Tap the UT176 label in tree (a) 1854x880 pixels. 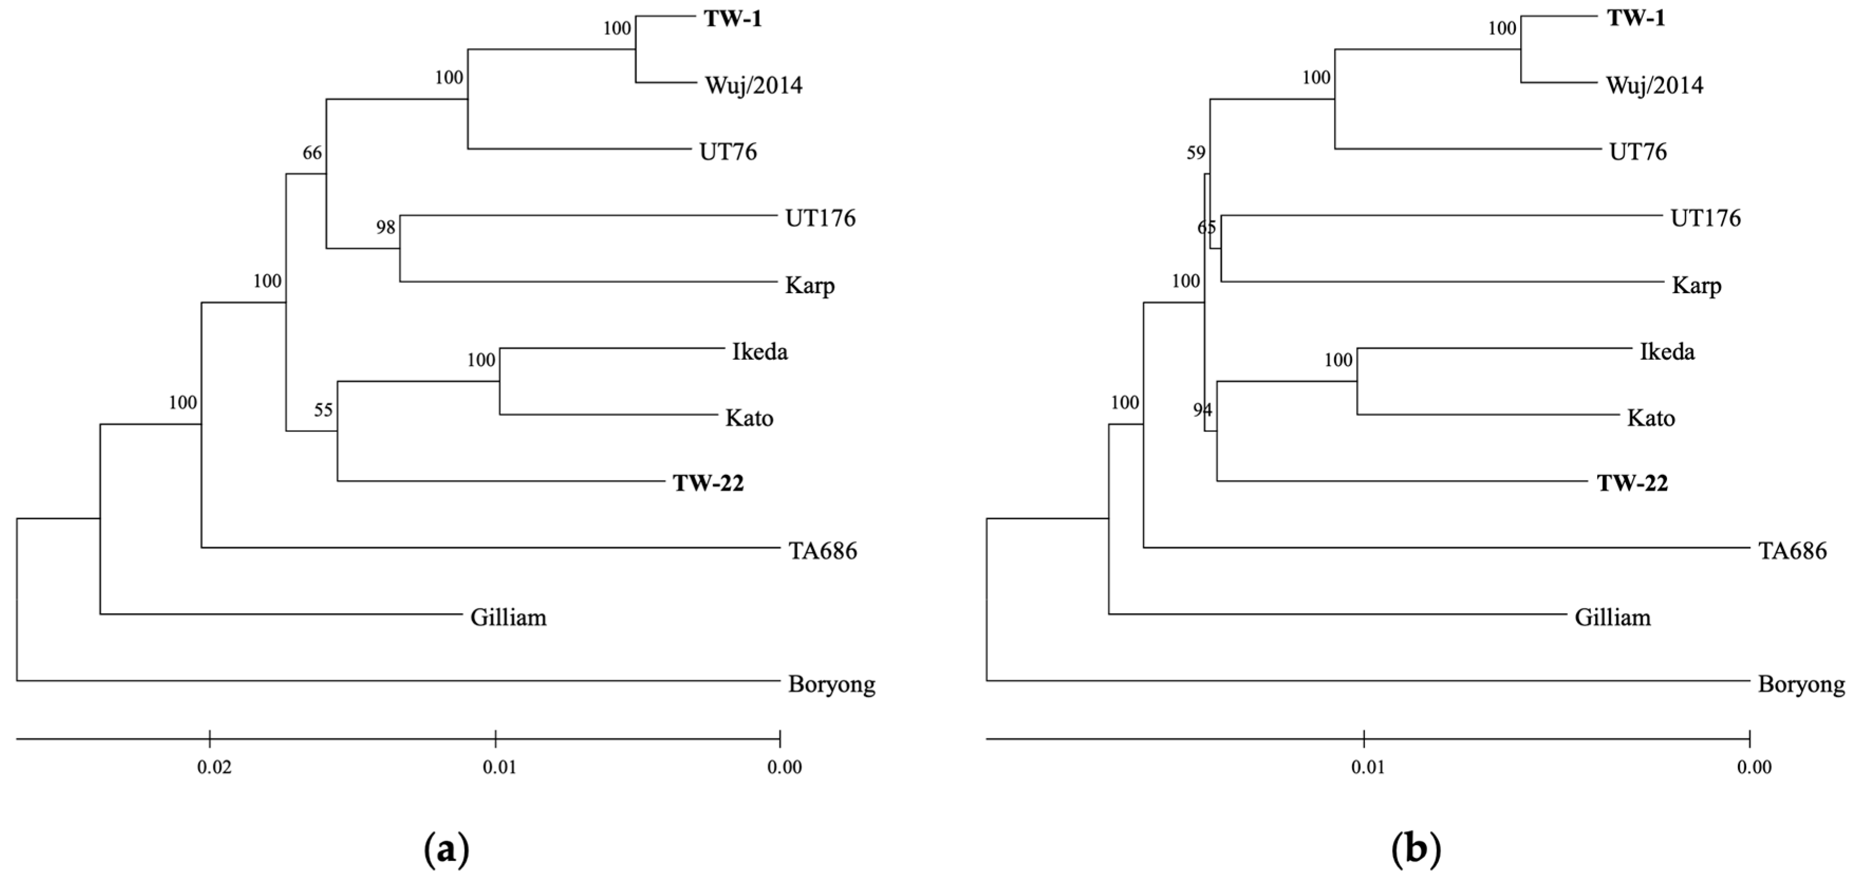[x=820, y=218]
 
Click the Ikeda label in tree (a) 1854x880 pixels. [x=760, y=352]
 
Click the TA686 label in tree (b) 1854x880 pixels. [x=1792, y=551]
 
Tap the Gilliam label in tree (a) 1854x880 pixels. [x=508, y=617]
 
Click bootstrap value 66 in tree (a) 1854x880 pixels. [x=312, y=153]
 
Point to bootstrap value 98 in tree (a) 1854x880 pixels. [x=386, y=227]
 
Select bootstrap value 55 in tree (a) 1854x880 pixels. [x=323, y=410]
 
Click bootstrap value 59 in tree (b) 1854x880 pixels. [x=1195, y=153]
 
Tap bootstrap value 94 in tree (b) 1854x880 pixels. [x=1202, y=410]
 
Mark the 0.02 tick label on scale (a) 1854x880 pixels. [x=214, y=767]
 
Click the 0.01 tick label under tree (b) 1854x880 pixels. [x=1367, y=767]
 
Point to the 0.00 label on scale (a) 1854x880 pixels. [x=784, y=767]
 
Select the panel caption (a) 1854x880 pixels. [x=447, y=850]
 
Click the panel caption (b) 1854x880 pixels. [x=1416, y=850]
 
